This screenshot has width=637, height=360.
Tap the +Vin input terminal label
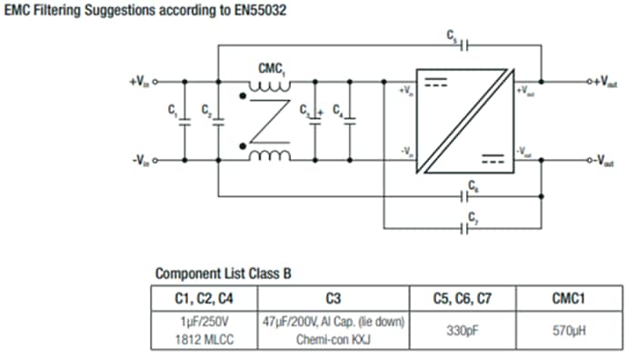click(x=138, y=82)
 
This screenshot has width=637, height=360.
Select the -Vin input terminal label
click(x=139, y=162)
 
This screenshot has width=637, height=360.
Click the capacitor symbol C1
click(x=184, y=121)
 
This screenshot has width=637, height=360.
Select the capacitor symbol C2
click(x=218, y=121)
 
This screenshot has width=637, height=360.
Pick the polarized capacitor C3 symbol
click(x=315, y=121)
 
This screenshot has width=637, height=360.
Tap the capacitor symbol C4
click(x=350, y=121)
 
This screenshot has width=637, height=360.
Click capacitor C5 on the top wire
click(x=463, y=44)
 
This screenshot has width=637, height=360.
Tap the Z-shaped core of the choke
click(x=271, y=121)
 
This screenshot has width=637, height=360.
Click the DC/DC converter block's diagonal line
click(x=463, y=121)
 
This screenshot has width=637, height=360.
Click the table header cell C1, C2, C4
click(x=205, y=297)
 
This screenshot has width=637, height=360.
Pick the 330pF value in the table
click(x=462, y=330)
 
